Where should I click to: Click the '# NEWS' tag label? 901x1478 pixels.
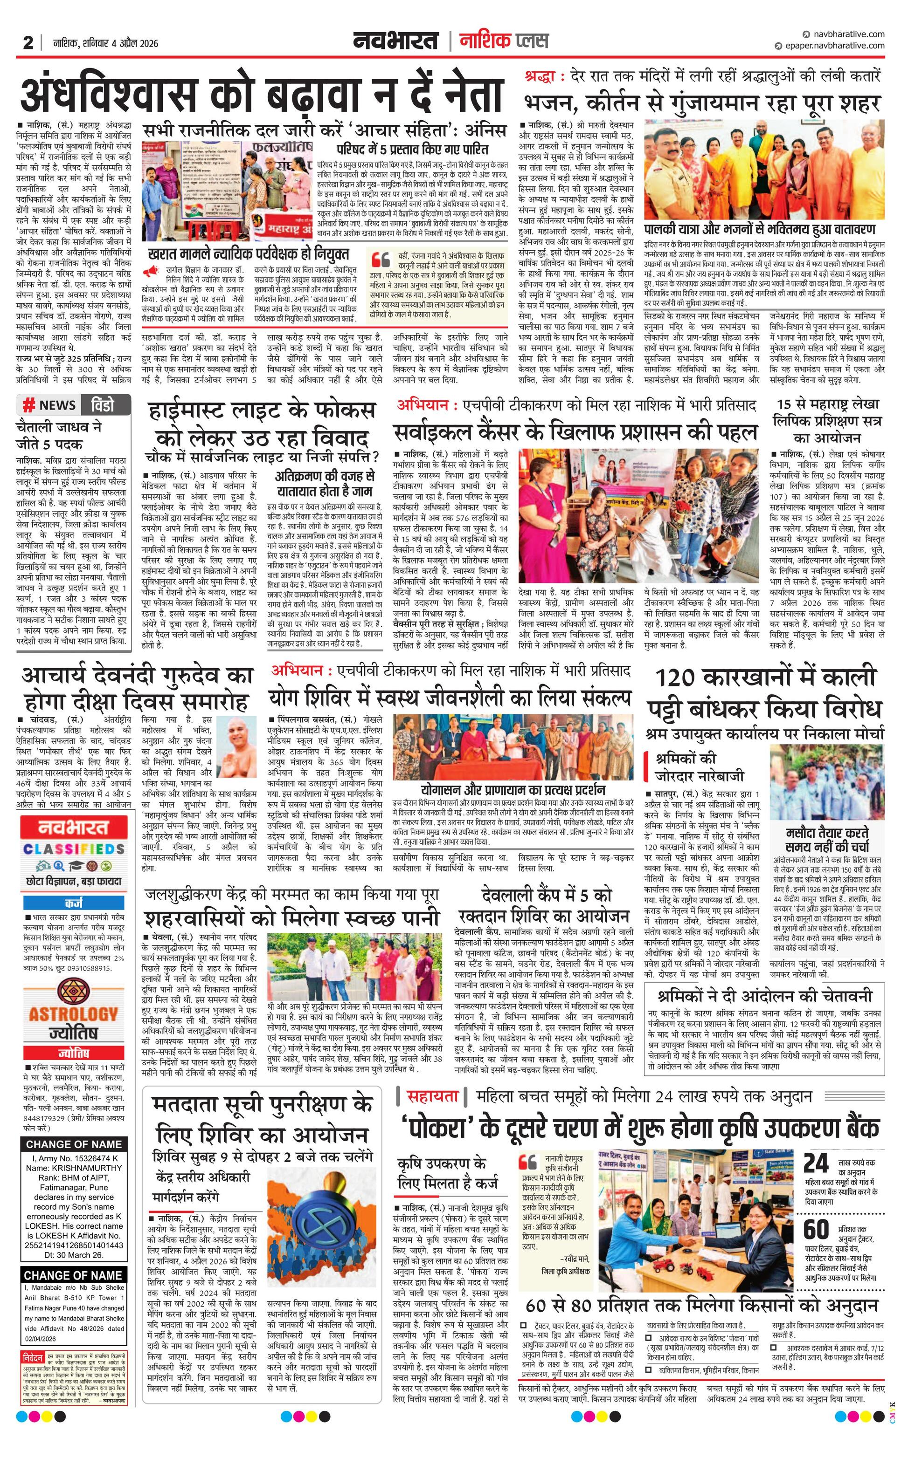(x=50, y=405)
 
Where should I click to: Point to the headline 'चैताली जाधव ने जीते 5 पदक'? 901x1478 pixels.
(x=58, y=436)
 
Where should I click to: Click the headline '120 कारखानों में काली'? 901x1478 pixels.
(x=764, y=678)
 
